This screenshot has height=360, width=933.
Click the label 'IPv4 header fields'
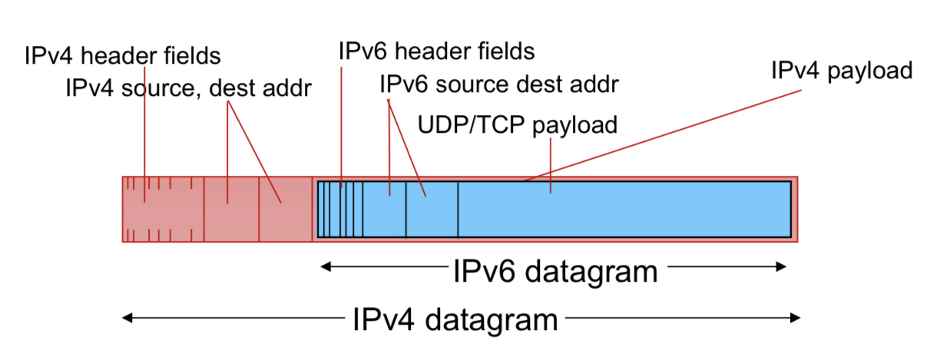(x=123, y=56)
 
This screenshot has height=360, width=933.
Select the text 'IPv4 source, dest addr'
(x=189, y=88)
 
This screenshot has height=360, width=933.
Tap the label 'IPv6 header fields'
(x=436, y=51)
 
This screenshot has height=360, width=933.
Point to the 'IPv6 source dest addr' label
(x=499, y=83)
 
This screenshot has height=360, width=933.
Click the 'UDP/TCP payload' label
(x=517, y=124)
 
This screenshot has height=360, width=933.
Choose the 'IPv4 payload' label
(x=842, y=71)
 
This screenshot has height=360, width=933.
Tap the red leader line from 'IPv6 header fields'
(x=341, y=123)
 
